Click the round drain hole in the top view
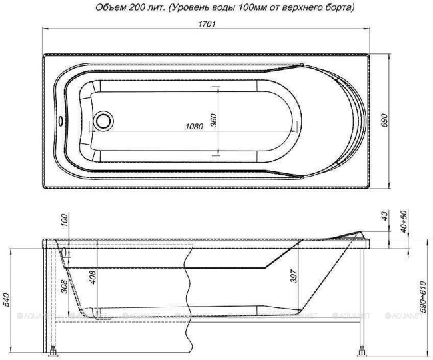point(104,121)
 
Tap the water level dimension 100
point(65,221)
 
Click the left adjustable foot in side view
point(53,350)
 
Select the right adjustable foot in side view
point(362,349)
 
